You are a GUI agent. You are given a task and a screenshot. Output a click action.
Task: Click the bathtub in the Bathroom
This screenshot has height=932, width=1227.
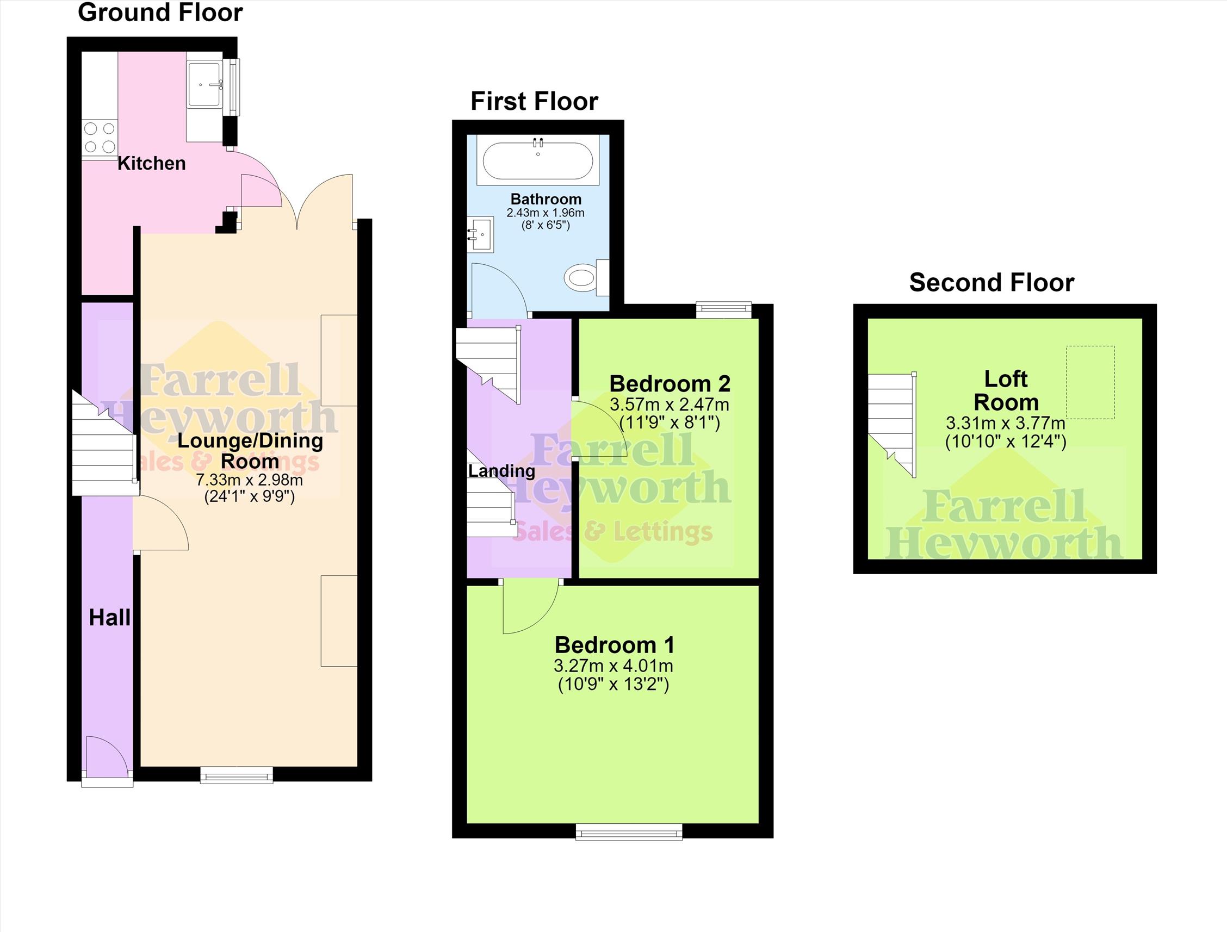click(x=537, y=160)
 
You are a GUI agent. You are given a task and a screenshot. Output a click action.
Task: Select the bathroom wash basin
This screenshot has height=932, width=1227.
click(x=480, y=234)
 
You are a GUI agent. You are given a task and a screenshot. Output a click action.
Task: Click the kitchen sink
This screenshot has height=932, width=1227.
click(x=205, y=84)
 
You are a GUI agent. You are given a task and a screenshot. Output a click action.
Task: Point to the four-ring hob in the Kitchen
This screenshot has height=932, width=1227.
click(x=100, y=138)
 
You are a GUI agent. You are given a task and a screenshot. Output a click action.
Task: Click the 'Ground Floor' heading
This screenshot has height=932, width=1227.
click(x=160, y=13)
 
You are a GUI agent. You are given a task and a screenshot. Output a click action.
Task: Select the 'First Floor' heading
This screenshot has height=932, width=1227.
click(x=535, y=102)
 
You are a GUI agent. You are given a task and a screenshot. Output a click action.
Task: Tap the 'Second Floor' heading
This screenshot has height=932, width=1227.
click(x=991, y=282)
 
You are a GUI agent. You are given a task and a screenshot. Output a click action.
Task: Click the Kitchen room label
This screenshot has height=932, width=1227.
click(x=152, y=164)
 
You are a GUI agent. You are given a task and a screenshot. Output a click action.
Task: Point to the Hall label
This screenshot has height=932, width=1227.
click(x=110, y=618)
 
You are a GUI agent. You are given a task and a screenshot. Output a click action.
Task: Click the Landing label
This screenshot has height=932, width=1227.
click(x=501, y=471)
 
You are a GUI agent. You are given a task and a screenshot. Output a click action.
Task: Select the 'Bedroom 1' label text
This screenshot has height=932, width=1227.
click(x=615, y=645)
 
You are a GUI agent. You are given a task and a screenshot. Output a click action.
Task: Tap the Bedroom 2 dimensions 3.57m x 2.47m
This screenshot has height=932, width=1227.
click(x=670, y=405)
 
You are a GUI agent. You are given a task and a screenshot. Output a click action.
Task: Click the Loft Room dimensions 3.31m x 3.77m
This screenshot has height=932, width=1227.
click(x=1006, y=423)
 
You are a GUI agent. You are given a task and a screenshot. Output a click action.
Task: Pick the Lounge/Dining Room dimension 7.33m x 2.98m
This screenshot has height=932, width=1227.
click(x=250, y=479)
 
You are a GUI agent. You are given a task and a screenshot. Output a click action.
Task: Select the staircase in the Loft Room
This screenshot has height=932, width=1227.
click(x=893, y=424)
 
